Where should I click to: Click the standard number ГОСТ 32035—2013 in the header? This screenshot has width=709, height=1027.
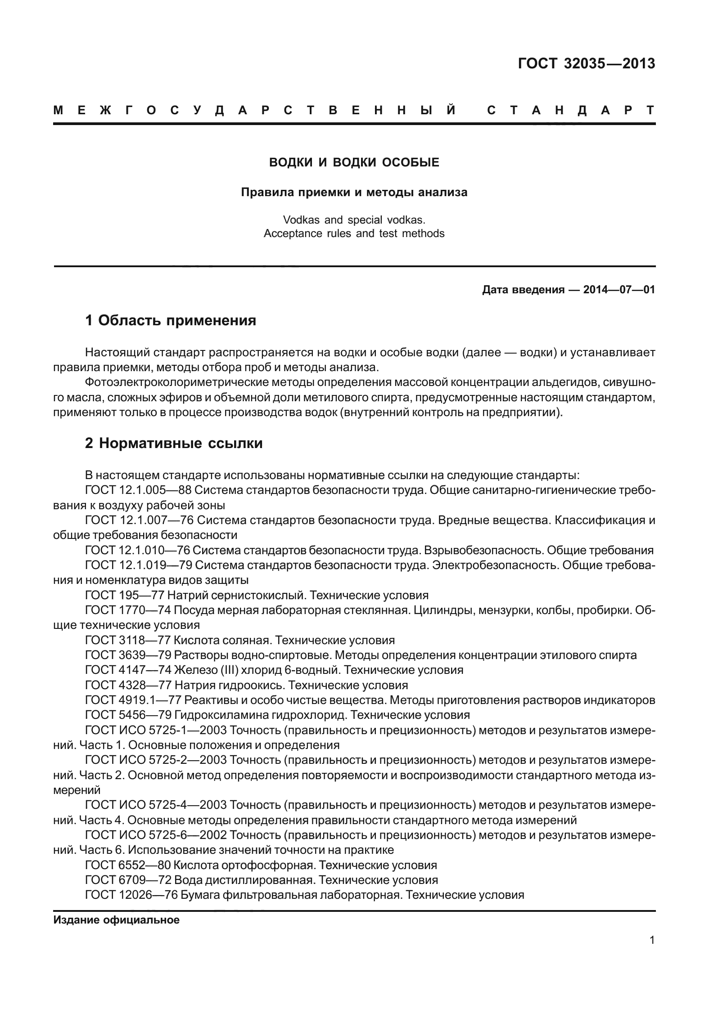(x=586, y=64)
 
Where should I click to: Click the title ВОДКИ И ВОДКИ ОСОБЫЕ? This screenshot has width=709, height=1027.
(x=354, y=162)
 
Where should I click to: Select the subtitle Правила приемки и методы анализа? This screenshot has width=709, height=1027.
(x=354, y=193)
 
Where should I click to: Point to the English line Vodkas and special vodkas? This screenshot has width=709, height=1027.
(x=354, y=220)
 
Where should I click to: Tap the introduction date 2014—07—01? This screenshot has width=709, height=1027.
(x=619, y=290)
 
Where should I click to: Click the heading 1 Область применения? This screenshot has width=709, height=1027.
(x=171, y=321)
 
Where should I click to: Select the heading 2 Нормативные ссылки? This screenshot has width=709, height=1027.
(x=174, y=444)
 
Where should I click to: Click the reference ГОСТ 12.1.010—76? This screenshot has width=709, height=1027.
(x=139, y=550)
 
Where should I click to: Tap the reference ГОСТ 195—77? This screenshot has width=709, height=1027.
(x=124, y=596)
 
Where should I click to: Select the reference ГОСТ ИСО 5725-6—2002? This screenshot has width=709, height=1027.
(x=156, y=835)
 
